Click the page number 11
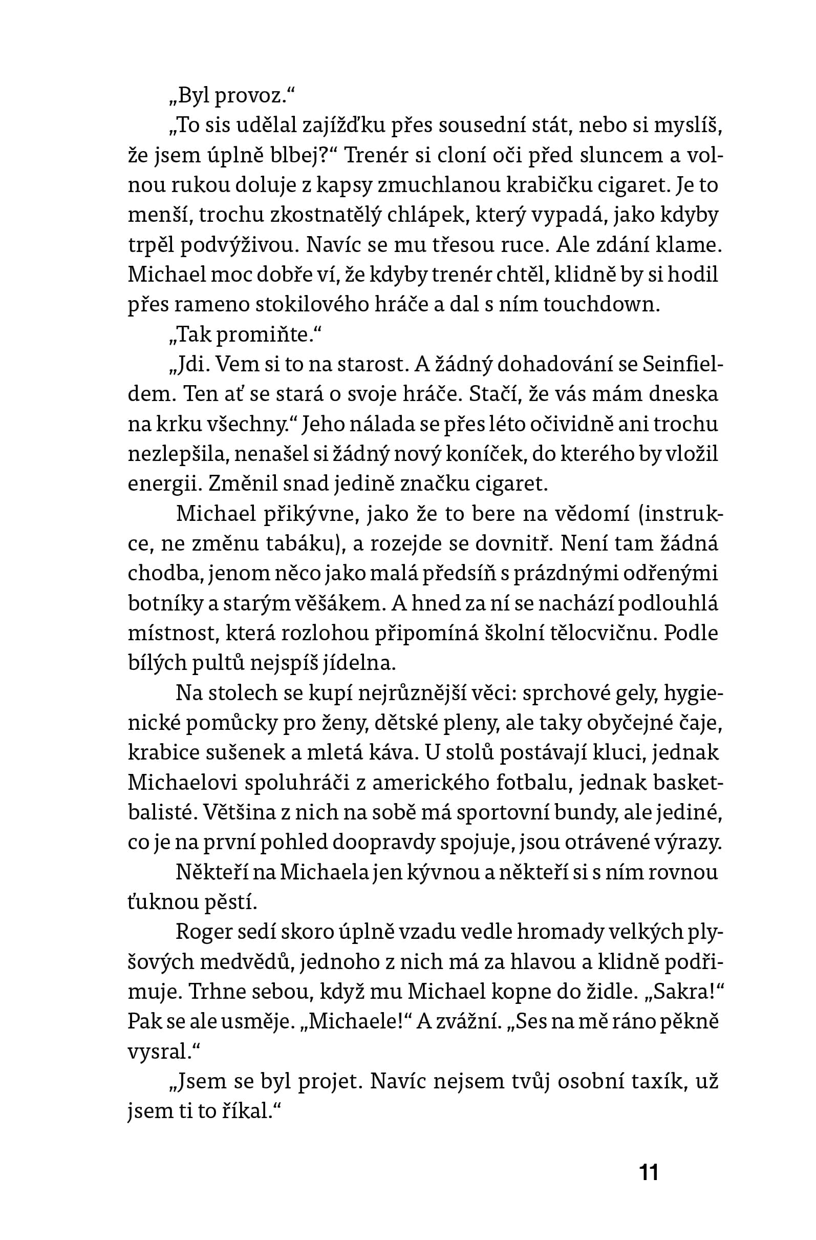(649, 1172)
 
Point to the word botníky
(164, 603)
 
